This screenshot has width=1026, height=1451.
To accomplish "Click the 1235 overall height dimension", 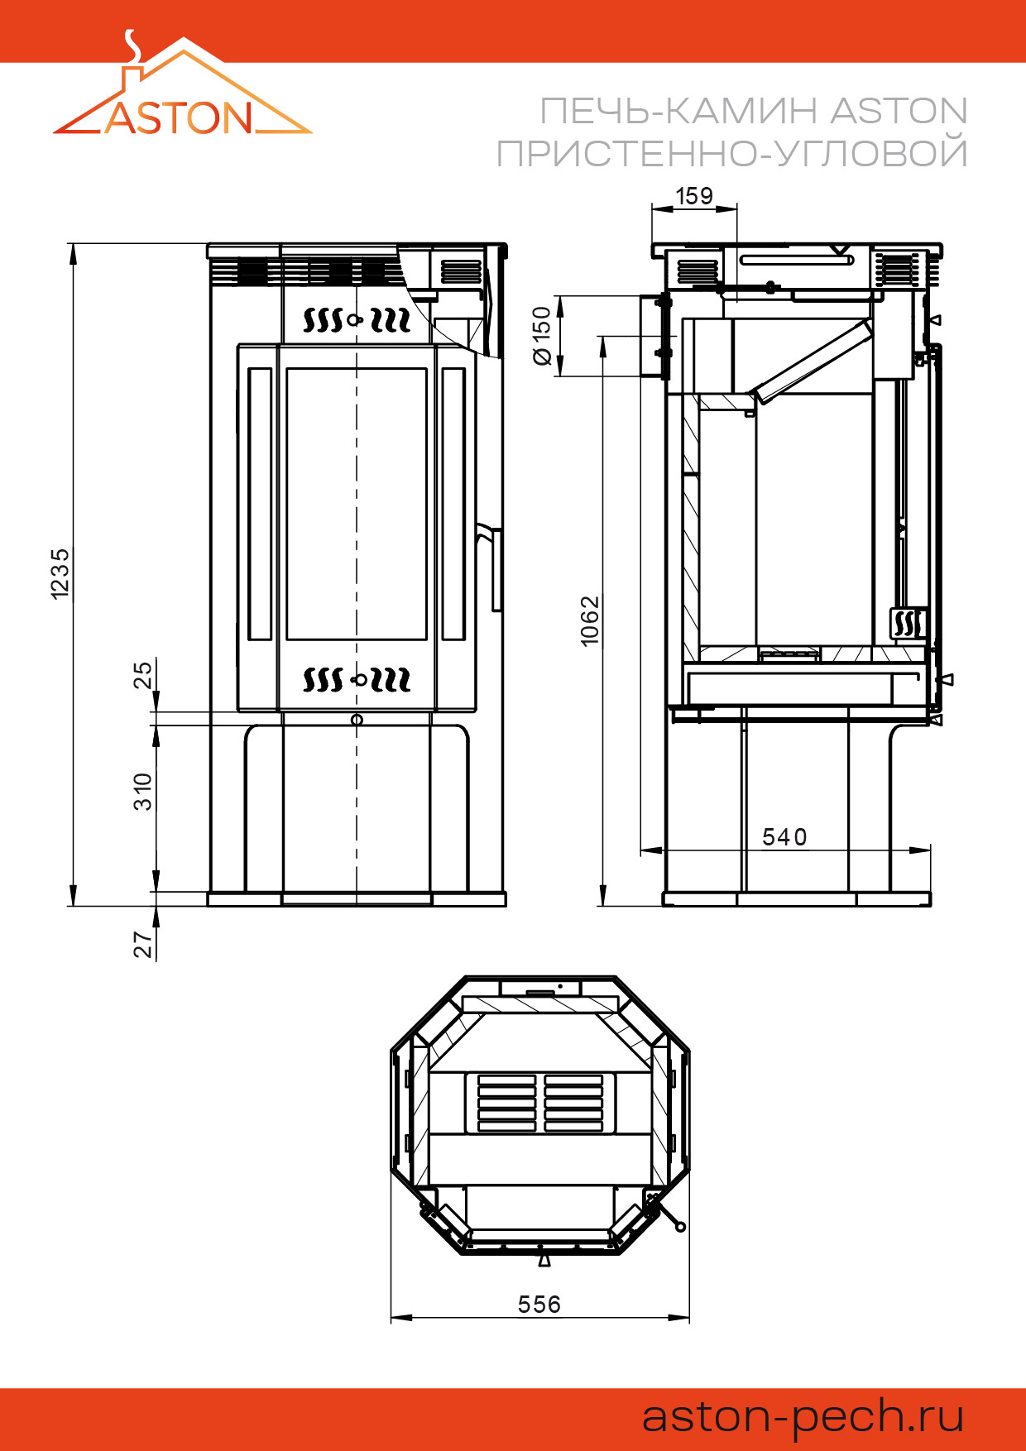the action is (60, 573).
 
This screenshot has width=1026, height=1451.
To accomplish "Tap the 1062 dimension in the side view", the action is (589, 620).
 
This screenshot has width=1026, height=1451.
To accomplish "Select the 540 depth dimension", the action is (784, 837).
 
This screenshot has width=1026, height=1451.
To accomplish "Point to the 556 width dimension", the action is (539, 1305).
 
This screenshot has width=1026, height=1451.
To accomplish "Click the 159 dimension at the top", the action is (694, 196).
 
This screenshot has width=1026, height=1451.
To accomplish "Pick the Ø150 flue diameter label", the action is (541, 335).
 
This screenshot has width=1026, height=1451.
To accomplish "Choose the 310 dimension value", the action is (143, 792).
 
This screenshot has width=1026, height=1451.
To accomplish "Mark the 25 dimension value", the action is (143, 674).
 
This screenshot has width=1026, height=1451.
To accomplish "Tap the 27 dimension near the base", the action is (143, 944).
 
